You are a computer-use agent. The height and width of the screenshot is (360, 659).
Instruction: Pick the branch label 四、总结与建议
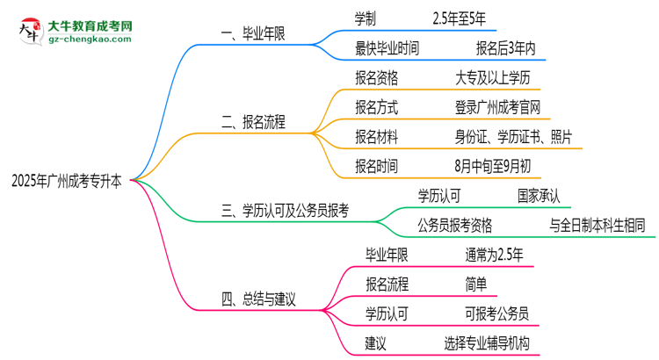pos(258,299)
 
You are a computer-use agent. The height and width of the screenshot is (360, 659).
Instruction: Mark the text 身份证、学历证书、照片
pos(510,137)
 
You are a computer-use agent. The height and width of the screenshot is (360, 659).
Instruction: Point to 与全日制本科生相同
pos(597,225)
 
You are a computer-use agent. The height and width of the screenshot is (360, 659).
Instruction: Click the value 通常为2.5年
pos(495,255)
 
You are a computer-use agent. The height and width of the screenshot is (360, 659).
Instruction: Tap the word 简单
pos(477,284)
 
